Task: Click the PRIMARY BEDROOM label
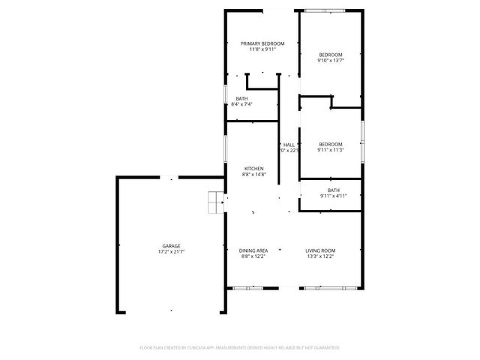pyautogui.click(x=262, y=43)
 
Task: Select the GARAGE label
pyautogui.click(x=171, y=246)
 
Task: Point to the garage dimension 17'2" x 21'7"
pyautogui.click(x=171, y=252)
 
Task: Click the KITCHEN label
pyautogui.click(x=253, y=168)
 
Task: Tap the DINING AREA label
pyautogui.click(x=253, y=250)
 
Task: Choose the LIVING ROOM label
pyautogui.click(x=319, y=250)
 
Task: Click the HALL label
pyautogui.click(x=289, y=144)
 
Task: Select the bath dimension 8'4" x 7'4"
pyautogui.click(x=241, y=104)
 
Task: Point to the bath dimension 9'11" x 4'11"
pyautogui.click(x=333, y=196)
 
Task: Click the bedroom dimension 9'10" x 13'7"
pyautogui.click(x=330, y=61)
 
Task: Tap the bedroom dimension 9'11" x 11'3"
pyautogui.click(x=330, y=150)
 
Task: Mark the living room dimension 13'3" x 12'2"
pyautogui.click(x=319, y=256)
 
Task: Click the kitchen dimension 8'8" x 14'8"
pyautogui.click(x=253, y=175)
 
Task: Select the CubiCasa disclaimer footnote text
pyautogui.click(x=240, y=348)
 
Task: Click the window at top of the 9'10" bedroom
pyautogui.click(x=324, y=10)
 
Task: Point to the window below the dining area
pyautogui.click(x=247, y=288)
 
